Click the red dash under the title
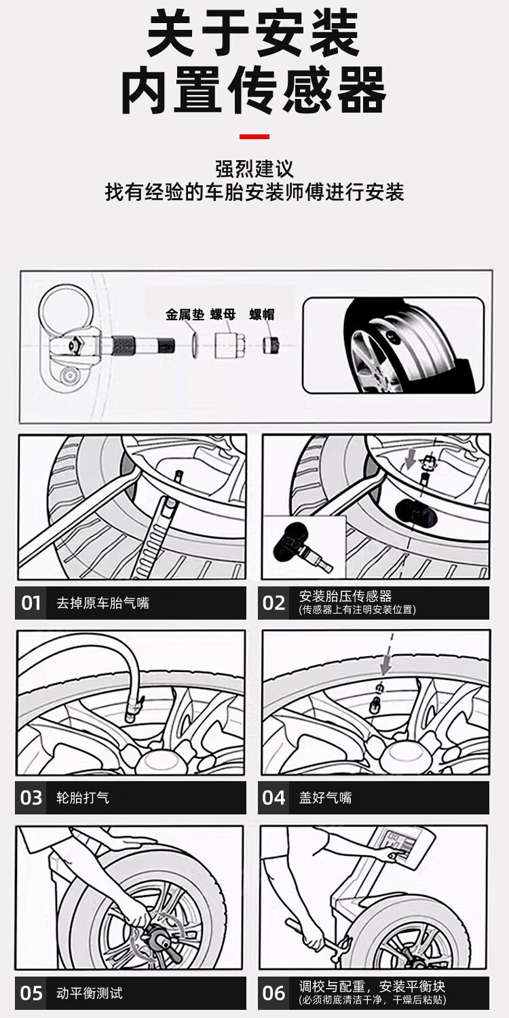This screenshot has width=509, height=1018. click(x=254, y=137)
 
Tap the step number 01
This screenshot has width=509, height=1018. click(x=31, y=603)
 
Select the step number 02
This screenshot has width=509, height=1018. click(x=274, y=603)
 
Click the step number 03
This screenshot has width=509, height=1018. click(x=31, y=797)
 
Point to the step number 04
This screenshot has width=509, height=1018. click(x=274, y=797)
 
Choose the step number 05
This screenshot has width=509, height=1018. click(x=31, y=994)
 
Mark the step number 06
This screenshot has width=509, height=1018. click(x=274, y=994)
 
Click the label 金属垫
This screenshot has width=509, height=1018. click(x=185, y=315)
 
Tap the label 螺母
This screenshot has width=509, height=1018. click(x=223, y=315)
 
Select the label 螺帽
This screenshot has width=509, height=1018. click(x=262, y=315)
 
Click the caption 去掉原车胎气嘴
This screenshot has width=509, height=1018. click(x=102, y=603)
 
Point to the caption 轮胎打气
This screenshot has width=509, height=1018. click(x=83, y=797)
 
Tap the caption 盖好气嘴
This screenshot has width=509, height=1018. click(x=326, y=797)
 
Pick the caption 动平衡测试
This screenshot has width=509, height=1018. click(x=90, y=994)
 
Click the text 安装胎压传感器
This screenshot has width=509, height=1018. click(x=345, y=596)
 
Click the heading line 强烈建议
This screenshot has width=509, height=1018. click(x=254, y=168)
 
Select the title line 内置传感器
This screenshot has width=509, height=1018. click(x=254, y=90)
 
